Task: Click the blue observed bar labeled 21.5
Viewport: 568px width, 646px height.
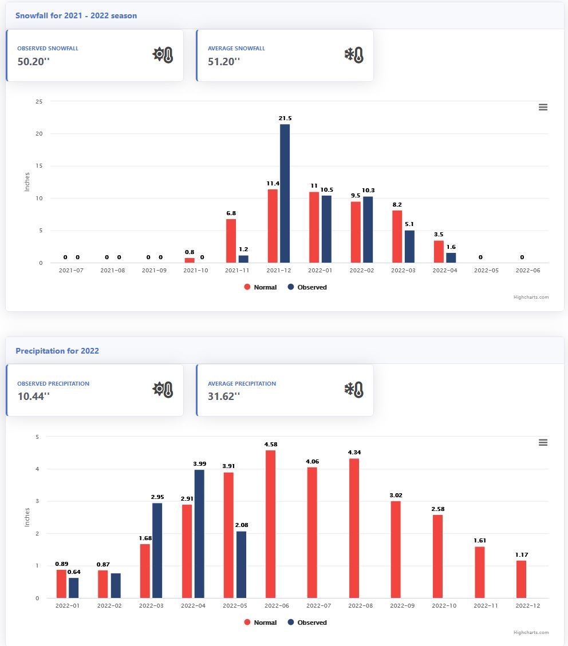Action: (285, 193)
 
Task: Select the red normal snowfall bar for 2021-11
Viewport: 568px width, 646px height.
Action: (231, 241)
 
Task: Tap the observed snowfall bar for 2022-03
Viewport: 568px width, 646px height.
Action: (409, 247)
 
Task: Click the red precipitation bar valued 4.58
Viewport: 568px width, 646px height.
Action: (270, 524)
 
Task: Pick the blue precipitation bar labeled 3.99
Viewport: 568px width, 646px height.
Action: (199, 534)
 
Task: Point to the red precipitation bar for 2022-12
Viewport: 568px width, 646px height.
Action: (521, 579)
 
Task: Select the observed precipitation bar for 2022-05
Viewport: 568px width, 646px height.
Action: (241, 565)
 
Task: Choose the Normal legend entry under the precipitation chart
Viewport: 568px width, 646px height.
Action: (261, 623)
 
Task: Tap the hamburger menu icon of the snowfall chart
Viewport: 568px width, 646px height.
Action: (543, 108)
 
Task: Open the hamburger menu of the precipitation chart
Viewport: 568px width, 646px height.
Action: (543, 443)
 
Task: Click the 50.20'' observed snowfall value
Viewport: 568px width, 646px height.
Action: (34, 62)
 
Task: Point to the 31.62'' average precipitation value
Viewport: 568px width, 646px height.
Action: (224, 397)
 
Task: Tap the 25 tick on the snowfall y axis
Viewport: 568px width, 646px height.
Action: (40, 101)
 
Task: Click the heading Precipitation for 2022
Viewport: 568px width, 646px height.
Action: (57, 351)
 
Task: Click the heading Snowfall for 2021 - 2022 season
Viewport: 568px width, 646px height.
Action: (76, 15)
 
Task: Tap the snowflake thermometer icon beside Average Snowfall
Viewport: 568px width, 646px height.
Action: (353, 55)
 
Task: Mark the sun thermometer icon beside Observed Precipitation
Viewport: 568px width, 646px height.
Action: (163, 390)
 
